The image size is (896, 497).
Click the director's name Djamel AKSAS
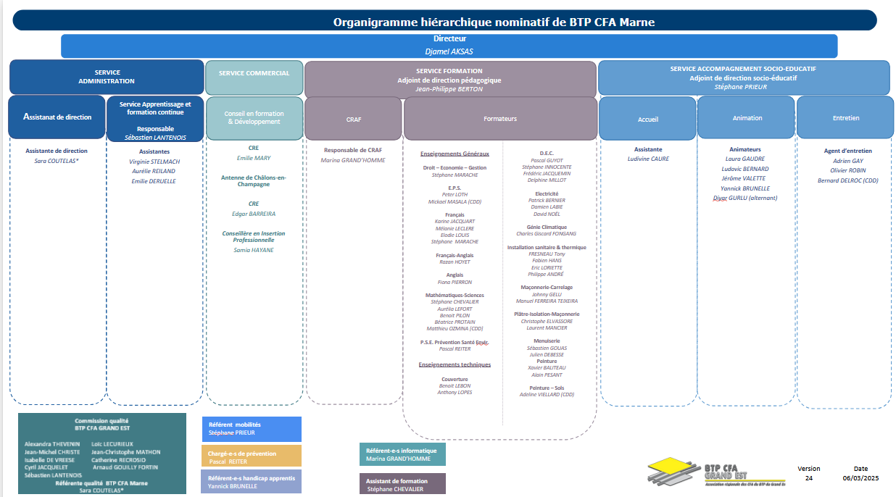click(x=449, y=51)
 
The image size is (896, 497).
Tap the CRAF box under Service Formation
click(x=353, y=118)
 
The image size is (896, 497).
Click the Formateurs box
click(x=499, y=118)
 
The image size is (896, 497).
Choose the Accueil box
click(x=647, y=118)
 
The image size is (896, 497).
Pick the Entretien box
click(x=845, y=118)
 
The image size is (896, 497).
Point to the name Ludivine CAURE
click(x=648, y=159)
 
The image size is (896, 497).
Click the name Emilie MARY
click(x=254, y=158)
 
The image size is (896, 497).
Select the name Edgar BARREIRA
click(x=254, y=214)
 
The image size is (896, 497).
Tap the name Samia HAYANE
click(x=254, y=250)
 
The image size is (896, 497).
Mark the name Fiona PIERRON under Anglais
click(x=455, y=282)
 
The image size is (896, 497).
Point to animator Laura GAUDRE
click(x=745, y=159)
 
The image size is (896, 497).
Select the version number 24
click(x=809, y=478)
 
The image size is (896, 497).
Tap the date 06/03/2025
click(x=860, y=478)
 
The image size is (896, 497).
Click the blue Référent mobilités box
click(x=251, y=429)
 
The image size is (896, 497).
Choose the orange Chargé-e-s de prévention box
click(x=251, y=456)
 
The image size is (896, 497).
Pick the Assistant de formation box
click(x=402, y=485)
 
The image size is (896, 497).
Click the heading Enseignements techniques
click(x=455, y=364)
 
